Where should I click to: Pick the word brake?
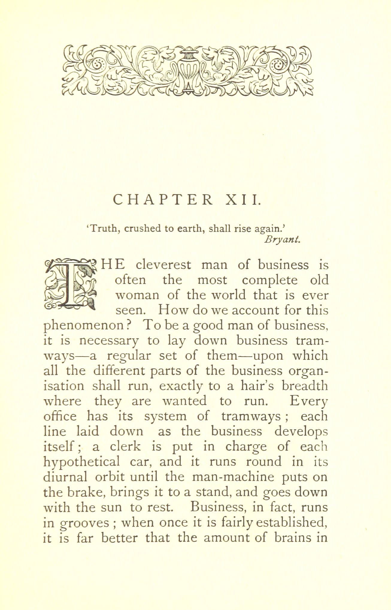point(87,492)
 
